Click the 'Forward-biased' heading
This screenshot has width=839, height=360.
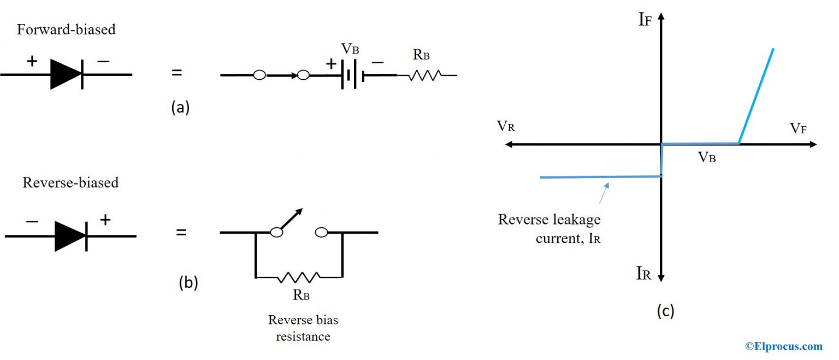66,29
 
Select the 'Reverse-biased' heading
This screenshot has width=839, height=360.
70,182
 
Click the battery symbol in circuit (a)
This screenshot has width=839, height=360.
352,75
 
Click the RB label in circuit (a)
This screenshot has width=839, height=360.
421,55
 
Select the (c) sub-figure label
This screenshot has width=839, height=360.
665,311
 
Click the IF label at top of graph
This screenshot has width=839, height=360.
645,20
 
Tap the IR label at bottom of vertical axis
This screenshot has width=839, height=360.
644,274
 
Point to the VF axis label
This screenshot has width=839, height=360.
798,128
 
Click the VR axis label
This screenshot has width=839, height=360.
506,127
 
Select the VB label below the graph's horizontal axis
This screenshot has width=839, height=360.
707,158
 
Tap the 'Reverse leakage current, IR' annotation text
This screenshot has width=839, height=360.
549,229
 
